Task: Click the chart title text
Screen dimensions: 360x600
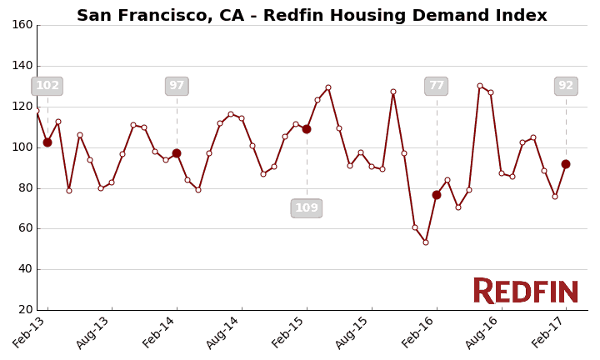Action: point(312,16)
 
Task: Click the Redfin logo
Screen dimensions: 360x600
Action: point(526,291)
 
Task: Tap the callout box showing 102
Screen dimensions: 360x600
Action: point(47,86)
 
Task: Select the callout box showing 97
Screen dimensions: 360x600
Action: point(177,86)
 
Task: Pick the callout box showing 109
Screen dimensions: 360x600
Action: point(307,208)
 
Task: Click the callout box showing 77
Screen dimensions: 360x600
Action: point(436,86)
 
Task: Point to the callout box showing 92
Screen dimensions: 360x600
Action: point(566,86)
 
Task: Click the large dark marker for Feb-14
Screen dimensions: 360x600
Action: point(177,153)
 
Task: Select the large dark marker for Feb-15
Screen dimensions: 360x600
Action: point(307,129)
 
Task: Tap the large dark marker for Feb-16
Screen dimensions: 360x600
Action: point(437,195)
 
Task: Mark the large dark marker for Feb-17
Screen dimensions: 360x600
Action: point(566,164)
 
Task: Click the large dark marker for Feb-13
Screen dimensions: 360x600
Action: point(47,142)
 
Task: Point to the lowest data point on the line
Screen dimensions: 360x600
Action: point(426,242)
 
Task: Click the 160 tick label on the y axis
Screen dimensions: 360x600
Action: point(22,25)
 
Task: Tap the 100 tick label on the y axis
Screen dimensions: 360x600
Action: point(22,147)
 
